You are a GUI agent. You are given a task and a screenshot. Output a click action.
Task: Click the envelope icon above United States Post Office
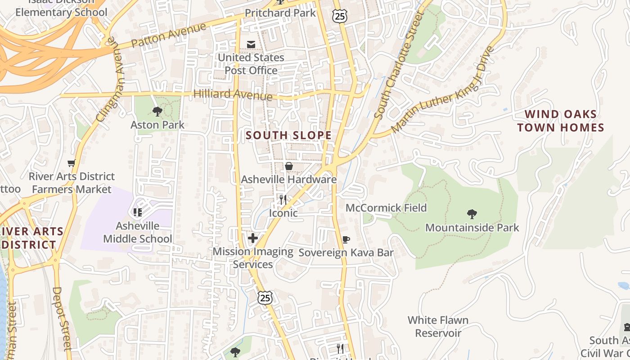click(x=251, y=44)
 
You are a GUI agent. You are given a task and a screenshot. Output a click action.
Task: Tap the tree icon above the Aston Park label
click(x=157, y=111)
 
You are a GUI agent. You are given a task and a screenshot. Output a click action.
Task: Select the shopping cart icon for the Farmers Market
click(x=71, y=163)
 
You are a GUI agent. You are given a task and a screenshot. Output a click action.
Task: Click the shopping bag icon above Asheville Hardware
click(x=288, y=166)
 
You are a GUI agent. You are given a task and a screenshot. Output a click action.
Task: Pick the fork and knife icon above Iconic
click(x=283, y=200)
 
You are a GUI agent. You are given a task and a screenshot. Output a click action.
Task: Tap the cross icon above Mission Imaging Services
click(x=253, y=238)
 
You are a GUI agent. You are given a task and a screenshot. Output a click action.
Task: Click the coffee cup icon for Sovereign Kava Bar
click(x=346, y=239)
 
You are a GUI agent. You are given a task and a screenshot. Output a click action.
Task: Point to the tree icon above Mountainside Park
click(x=472, y=214)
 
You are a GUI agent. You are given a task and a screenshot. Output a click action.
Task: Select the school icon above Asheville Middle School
click(x=138, y=212)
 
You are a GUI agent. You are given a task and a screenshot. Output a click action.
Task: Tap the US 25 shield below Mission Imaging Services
click(x=265, y=297)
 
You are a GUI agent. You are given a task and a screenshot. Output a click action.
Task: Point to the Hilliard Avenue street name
click(x=233, y=94)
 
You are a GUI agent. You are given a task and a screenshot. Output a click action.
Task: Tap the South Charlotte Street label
click(x=400, y=65)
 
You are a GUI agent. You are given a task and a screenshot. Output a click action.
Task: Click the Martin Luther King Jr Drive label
click(x=443, y=90)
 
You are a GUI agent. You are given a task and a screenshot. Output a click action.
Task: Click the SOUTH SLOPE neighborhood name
click(x=288, y=135)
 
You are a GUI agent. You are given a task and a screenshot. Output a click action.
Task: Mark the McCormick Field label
click(x=386, y=208)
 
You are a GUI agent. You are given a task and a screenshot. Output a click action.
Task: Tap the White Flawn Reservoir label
click(x=438, y=327)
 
